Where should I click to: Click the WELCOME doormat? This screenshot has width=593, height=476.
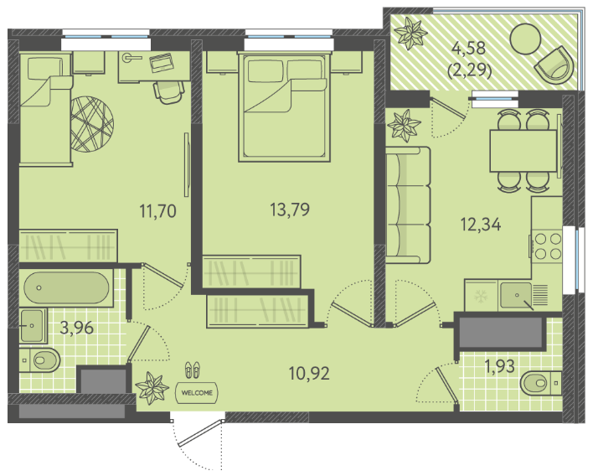click(x=197, y=393)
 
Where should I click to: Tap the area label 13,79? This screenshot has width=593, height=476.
click(x=290, y=210)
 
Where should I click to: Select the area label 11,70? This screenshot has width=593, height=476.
click(x=158, y=210)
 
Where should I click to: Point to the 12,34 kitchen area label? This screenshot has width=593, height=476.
click(x=481, y=224)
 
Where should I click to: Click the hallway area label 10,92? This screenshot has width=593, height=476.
click(x=309, y=374)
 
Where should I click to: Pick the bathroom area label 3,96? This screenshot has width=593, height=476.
click(x=77, y=328)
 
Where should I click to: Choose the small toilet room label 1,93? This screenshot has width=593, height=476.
click(x=500, y=366)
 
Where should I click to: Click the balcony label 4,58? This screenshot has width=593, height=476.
click(x=469, y=48)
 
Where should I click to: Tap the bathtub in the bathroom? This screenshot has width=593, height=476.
click(x=66, y=287)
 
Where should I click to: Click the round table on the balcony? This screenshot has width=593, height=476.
click(x=525, y=39)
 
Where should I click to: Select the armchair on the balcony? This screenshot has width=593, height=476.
click(x=554, y=66)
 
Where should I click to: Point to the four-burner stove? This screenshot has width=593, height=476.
click(x=547, y=246)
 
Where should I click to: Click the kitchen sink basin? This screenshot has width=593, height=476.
click(x=516, y=295)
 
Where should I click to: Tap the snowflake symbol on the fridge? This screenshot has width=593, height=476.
click(x=481, y=296)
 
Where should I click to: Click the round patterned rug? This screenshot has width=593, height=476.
click(x=92, y=124)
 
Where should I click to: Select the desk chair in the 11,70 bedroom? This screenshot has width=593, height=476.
click(x=168, y=92)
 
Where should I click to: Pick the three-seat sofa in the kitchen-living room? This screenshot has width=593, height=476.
click(x=408, y=205)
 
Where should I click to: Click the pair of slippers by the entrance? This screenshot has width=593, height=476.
click(x=193, y=370)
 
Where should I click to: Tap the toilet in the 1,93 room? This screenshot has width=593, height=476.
click(x=541, y=383)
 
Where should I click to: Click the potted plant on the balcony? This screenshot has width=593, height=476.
click(x=410, y=34)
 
